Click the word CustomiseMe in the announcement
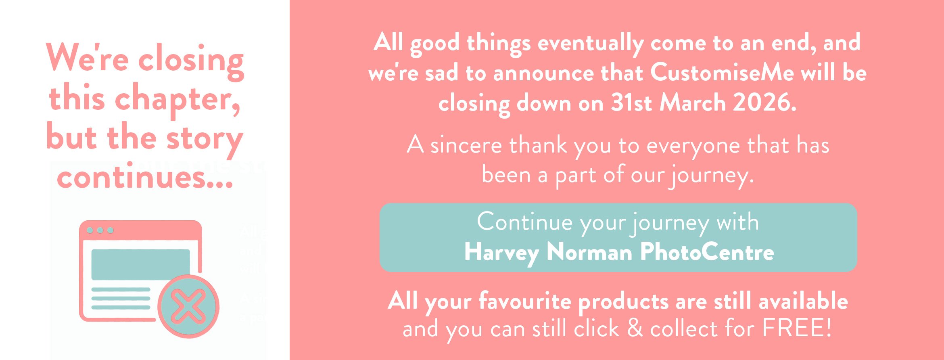tap(722, 73)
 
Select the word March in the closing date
tap(693, 103)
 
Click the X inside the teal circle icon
tap(188, 306)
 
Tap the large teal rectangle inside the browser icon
tap(140, 264)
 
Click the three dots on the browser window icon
tap(100, 230)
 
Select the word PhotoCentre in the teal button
tap(707, 252)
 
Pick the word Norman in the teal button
tap(589, 252)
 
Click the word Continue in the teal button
tap(525, 222)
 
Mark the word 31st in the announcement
tap(631, 103)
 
